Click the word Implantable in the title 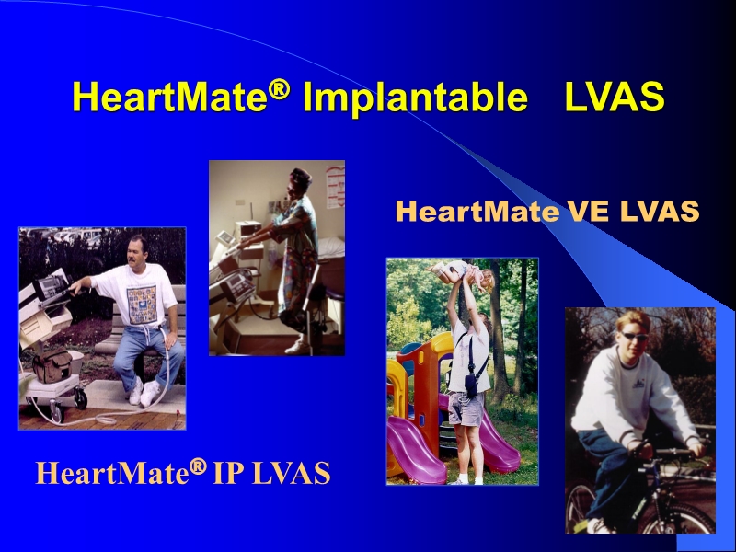point(415,98)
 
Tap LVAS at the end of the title point(614,98)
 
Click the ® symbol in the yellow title point(282,87)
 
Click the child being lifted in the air point(464,273)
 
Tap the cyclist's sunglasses point(611,337)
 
